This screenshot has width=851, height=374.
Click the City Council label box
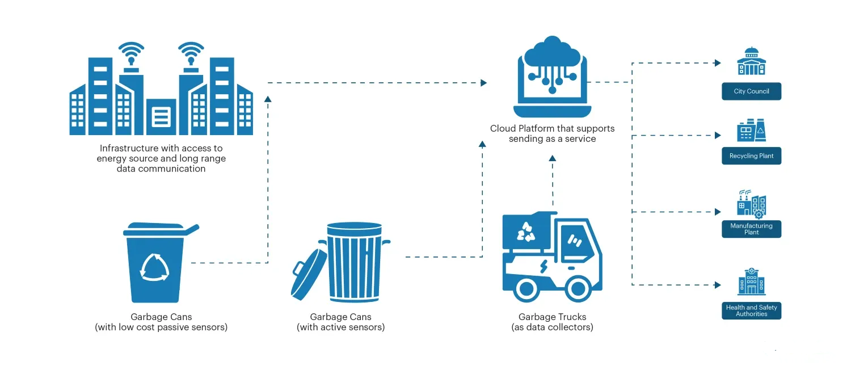point(751,91)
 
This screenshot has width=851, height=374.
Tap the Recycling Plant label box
point(751,156)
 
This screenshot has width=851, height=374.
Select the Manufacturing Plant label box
point(751,229)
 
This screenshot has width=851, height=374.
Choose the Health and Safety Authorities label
point(751,310)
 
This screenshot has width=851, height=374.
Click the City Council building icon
point(751,61)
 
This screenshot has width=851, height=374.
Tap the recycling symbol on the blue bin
point(154,266)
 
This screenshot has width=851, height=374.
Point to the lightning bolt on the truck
point(543,265)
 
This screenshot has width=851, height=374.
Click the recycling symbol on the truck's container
point(525,230)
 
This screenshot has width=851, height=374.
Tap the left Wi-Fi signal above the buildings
point(130,53)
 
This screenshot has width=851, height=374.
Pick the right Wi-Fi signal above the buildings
point(191,53)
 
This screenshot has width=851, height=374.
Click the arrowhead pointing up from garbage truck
point(552,158)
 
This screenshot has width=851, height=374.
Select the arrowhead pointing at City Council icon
point(718,63)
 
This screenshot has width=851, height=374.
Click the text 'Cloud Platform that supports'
point(552,128)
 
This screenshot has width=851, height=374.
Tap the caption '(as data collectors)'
point(552,327)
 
